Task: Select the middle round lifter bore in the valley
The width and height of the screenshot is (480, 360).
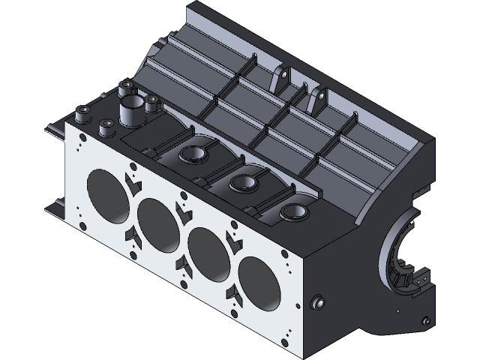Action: [x=244, y=182]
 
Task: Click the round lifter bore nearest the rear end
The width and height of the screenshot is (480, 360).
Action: [x=293, y=212]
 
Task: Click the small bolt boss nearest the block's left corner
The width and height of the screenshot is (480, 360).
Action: [x=81, y=113]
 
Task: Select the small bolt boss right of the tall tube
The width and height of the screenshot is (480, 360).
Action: [x=151, y=100]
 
